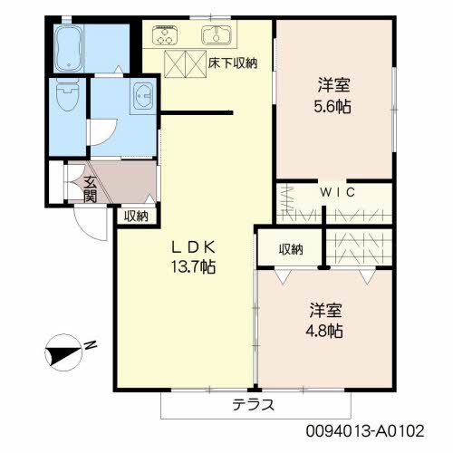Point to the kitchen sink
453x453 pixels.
pos(217,36)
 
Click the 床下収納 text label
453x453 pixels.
pos(234,63)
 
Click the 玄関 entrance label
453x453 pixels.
pos(90,189)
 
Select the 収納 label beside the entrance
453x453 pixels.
pos(136,215)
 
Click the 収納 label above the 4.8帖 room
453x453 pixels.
pos(290,250)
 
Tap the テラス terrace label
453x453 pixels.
pos(253,404)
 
